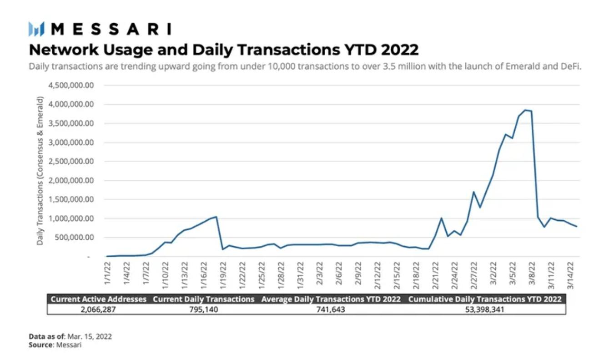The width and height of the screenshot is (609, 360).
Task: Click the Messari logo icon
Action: (x=37, y=29)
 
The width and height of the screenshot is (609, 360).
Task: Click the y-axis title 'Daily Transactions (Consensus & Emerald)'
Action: (x=40, y=171)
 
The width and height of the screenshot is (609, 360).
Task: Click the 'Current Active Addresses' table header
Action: (x=98, y=299)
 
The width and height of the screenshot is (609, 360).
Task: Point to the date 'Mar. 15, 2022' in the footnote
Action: (x=90, y=337)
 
